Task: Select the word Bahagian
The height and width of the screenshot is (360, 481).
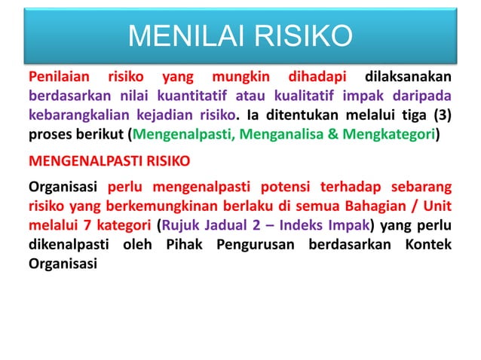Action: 362,206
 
